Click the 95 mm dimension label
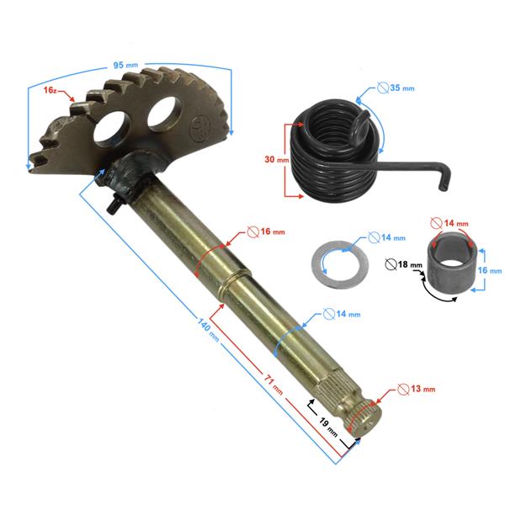click(x=125, y=65)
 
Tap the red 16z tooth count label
click(x=50, y=90)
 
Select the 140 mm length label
click(x=208, y=330)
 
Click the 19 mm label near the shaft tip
click(x=328, y=427)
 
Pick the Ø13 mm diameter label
click(x=416, y=389)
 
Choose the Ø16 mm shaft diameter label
click(x=266, y=231)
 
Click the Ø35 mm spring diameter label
click(x=396, y=88)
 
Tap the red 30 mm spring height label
click(x=277, y=159)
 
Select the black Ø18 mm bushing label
click(x=403, y=264)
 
